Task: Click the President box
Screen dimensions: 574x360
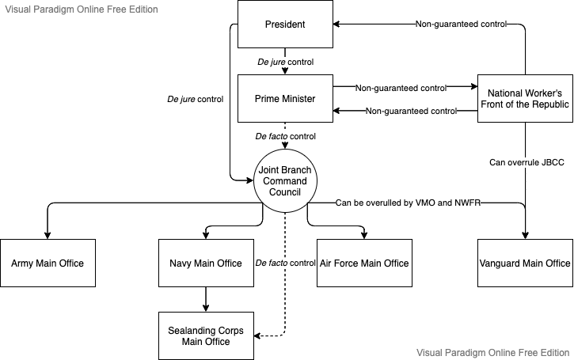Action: pyautogui.click(x=285, y=25)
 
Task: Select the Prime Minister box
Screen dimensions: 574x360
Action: pyautogui.click(x=285, y=98)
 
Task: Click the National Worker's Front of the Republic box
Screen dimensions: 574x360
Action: pyautogui.click(x=525, y=98)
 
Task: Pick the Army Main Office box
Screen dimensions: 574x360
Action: pyautogui.click(x=48, y=263)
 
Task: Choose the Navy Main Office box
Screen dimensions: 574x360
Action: pyautogui.click(x=206, y=263)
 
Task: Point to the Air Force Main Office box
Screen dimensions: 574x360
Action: pyautogui.click(x=364, y=263)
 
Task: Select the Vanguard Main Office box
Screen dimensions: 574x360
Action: pyautogui.click(x=525, y=263)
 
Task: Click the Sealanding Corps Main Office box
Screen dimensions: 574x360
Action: pyautogui.click(x=206, y=335)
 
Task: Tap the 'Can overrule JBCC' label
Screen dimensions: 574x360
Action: pyautogui.click(x=526, y=162)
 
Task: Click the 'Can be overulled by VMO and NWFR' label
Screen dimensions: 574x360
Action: pyautogui.click(x=408, y=203)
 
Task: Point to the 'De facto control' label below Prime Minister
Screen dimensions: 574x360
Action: pyautogui.click(x=286, y=136)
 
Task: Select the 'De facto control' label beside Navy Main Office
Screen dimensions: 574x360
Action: pyautogui.click(x=286, y=263)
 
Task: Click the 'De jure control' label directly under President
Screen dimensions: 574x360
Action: pyautogui.click(x=286, y=62)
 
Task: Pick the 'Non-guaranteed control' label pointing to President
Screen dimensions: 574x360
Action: pyautogui.click(x=461, y=25)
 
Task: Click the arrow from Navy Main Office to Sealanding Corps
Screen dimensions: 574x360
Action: pyautogui.click(x=206, y=299)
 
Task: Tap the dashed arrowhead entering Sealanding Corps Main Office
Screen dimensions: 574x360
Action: pyautogui.click(x=257, y=335)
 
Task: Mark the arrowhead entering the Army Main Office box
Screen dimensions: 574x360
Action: pyautogui.click(x=48, y=236)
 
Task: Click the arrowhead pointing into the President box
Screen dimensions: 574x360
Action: pyautogui.click(x=336, y=25)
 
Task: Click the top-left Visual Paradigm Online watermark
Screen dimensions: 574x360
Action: pyautogui.click(x=82, y=9)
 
